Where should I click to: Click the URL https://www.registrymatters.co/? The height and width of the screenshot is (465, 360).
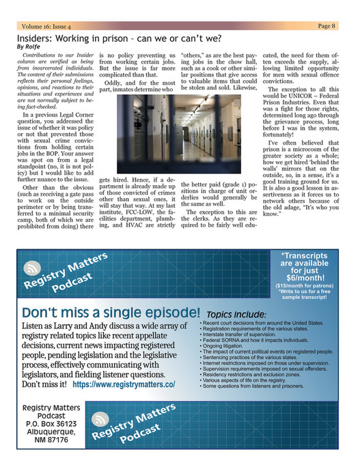pos(124,384)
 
